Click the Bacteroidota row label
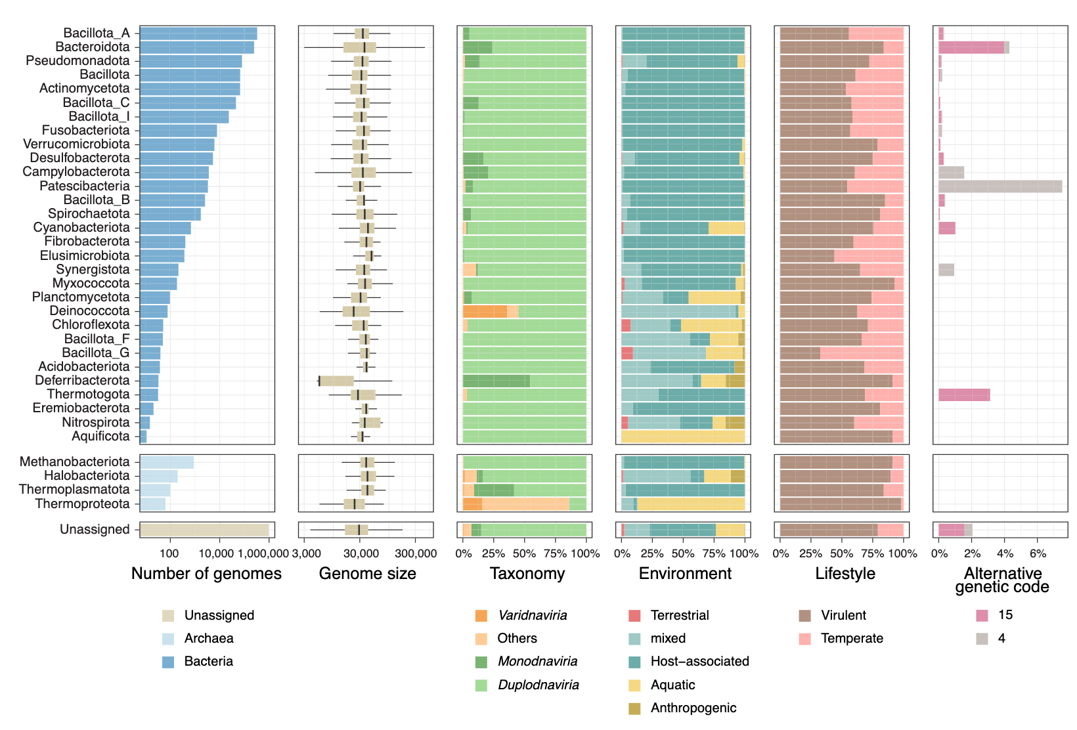coord(93,47)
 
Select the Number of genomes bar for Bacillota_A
coord(198,33)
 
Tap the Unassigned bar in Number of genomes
coord(204,530)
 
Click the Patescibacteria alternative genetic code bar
coord(1000,186)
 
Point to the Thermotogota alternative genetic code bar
coord(963,395)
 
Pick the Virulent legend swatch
coord(804,616)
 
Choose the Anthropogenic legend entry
coord(693,708)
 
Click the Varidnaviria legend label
coord(532,616)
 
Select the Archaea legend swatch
coord(168,639)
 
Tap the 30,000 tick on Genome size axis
coord(361,553)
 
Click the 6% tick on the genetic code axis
coord(1038,553)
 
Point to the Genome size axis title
coord(367,574)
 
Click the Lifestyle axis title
coord(845,574)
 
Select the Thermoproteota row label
coord(82,504)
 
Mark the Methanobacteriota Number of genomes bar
coord(167,462)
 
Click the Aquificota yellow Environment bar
coord(683,437)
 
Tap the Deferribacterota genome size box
coord(336,381)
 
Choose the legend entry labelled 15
coord(1005,615)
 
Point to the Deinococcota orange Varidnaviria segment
coord(485,312)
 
